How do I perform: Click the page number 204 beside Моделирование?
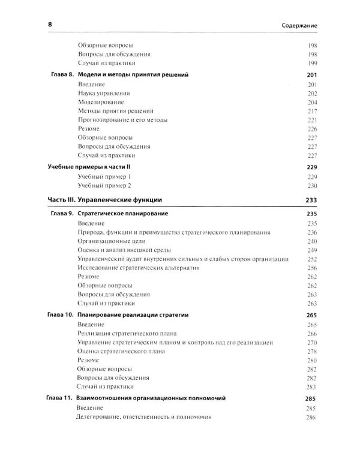[311, 103]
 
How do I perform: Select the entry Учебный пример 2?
[104, 186]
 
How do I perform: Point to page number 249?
[311, 250]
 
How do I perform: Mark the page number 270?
[311, 342]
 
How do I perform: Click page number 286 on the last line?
[311, 417]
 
